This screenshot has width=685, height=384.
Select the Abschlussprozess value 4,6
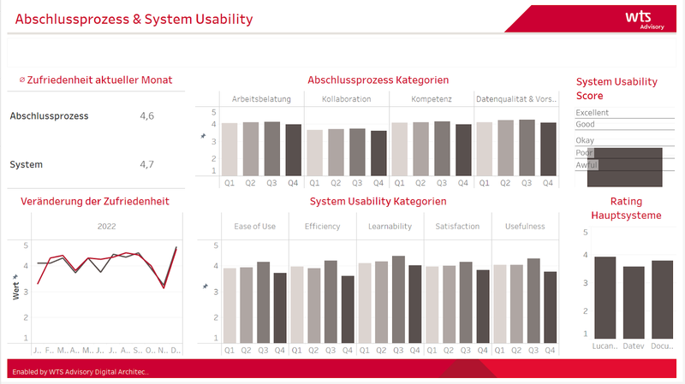click(x=146, y=115)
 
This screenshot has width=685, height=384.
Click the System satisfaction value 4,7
click(x=146, y=164)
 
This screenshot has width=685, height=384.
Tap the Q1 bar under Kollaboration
click(x=314, y=152)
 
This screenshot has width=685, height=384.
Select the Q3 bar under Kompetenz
click(x=442, y=148)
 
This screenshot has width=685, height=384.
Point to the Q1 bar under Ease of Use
click(x=229, y=304)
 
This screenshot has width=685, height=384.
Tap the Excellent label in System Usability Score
click(x=593, y=113)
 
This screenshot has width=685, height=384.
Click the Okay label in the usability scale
click(x=586, y=139)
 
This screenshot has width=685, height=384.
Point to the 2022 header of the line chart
click(x=107, y=227)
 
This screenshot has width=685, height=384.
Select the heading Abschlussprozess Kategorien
click(x=378, y=80)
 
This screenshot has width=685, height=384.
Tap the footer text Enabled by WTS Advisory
click(x=81, y=371)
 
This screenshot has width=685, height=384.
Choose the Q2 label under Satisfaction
click(x=449, y=350)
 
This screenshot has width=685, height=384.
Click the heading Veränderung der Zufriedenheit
click(x=95, y=201)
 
